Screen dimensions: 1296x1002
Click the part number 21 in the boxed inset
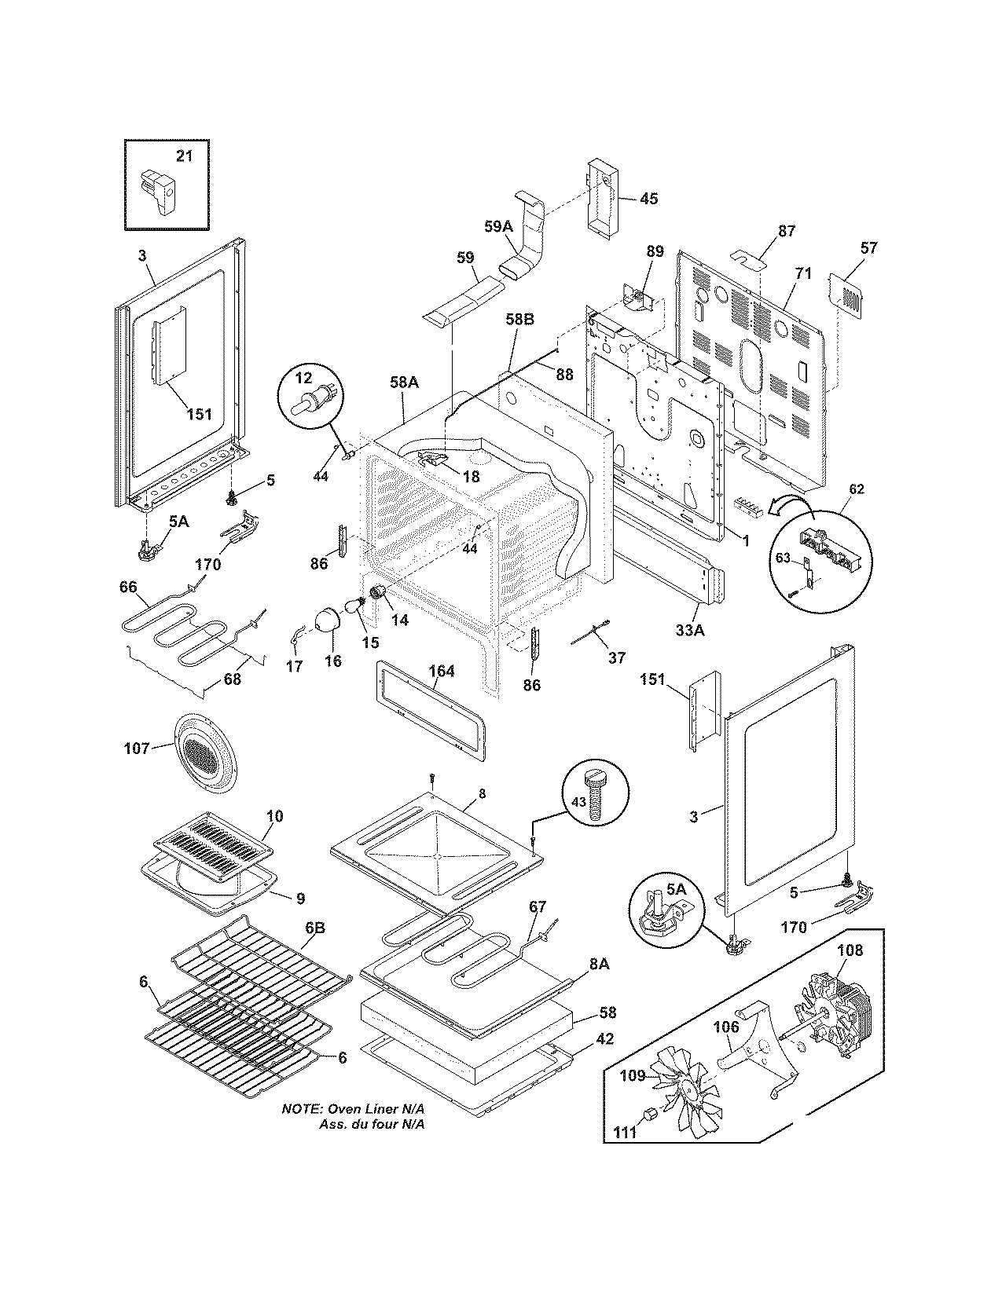(x=184, y=156)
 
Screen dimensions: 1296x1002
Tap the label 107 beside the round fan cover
(x=136, y=749)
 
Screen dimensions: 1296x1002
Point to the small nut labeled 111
(x=650, y=1114)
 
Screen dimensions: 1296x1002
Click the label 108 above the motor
(x=850, y=951)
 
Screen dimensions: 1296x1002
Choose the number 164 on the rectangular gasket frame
(x=442, y=672)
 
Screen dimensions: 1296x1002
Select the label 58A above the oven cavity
(x=404, y=383)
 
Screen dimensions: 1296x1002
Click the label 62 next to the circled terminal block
(x=857, y=489)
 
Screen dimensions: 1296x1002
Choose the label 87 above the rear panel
(x=786, y=231)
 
